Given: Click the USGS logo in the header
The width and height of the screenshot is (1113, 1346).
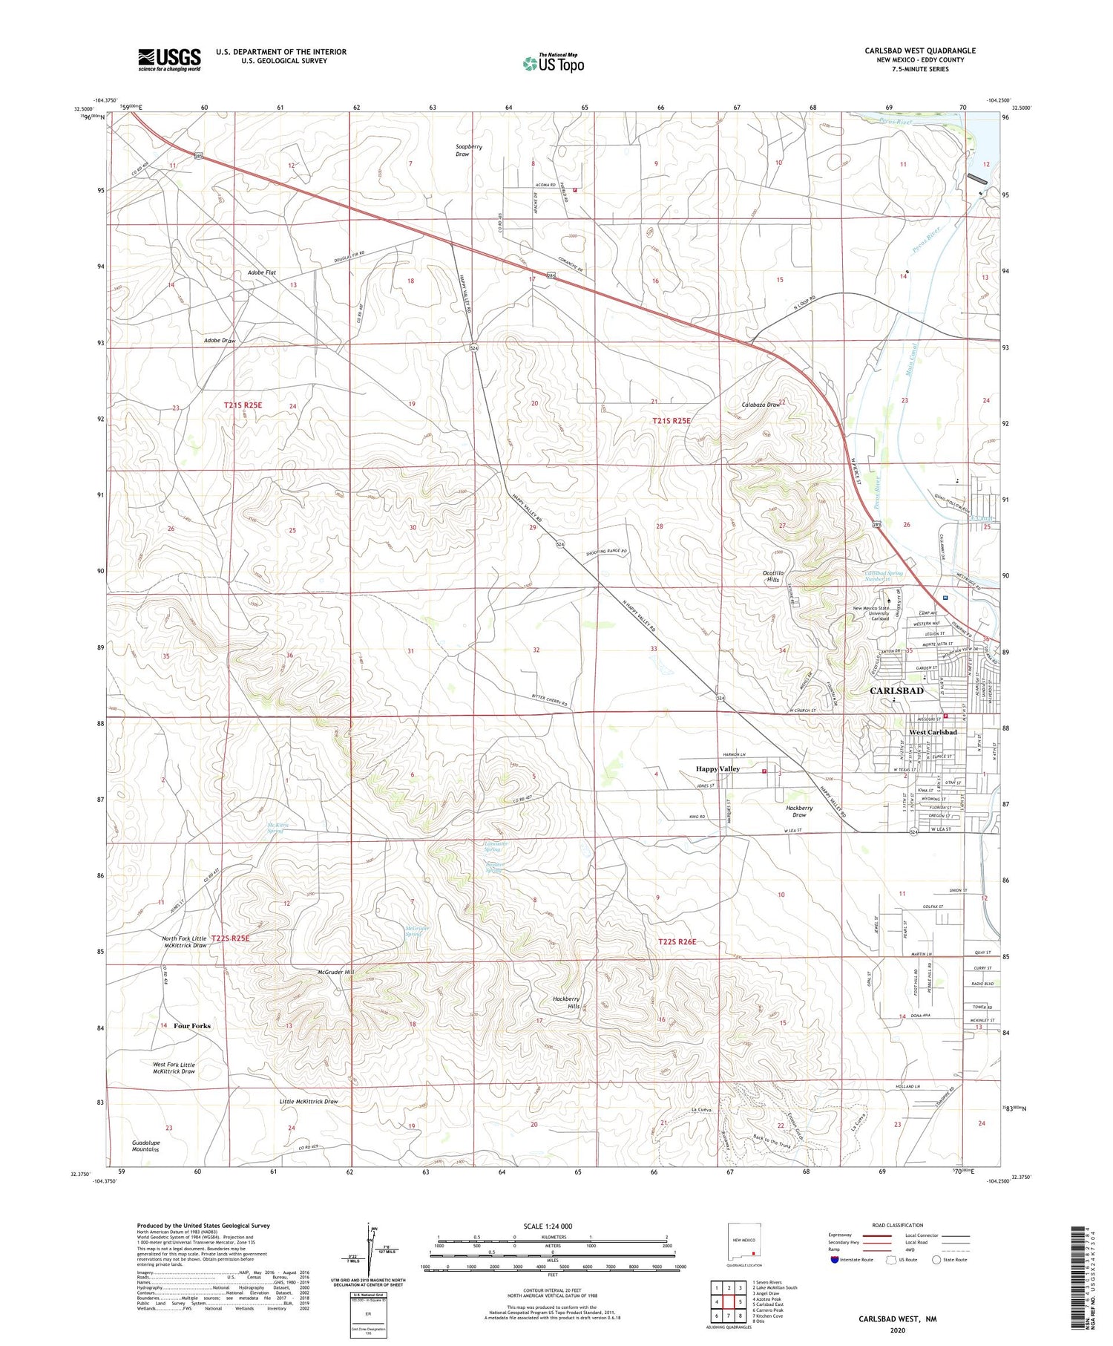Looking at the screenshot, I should pyautogui.click(x=169, y=59).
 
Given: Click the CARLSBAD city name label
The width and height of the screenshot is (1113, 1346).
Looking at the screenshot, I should pyautogui.click(x=896, y=690).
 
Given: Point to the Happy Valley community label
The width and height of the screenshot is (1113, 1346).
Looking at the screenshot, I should pyautogui.click(x=718, y=768).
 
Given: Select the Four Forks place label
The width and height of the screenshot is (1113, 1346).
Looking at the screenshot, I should pyautogui.click(x=192, y=1025).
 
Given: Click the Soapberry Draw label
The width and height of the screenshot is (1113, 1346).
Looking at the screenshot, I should pyautogui.click(x=469, y=150).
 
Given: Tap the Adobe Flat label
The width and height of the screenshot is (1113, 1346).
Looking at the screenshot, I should pyautogui.click(x=262, y=272).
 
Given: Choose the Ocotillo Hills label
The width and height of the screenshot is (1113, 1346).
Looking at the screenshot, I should pyautogui.click(x=777, y=577).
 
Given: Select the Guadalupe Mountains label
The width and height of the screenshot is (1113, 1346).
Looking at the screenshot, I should pyautogui.click(x=145, y=1146).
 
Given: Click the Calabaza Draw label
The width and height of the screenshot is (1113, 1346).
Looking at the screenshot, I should pyautogui.click(x=761, y=405).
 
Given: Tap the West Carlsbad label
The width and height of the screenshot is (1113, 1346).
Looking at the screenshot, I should pyautogui.click(x=933, y=732).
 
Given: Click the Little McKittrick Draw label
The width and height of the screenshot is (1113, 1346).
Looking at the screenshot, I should pyautogui.click(x=309, y=1101).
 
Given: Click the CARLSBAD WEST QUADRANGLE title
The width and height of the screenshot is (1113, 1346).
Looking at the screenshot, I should pyautogui.click(x=919, y=50).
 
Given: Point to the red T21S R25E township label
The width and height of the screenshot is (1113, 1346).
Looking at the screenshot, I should pyautogui.click(x=243, y=405).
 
